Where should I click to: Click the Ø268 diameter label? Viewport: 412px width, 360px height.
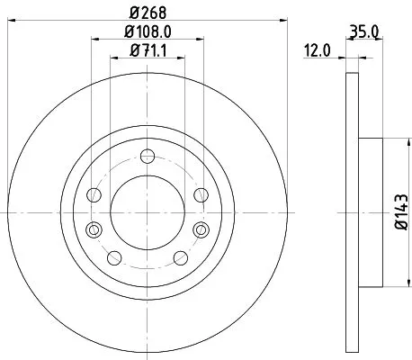click(145, 13)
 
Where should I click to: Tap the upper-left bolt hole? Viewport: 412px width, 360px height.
click(93, 194)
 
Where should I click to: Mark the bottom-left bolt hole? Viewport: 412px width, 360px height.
click(114, 258)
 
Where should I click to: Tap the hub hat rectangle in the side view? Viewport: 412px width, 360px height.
click(371, 212)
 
